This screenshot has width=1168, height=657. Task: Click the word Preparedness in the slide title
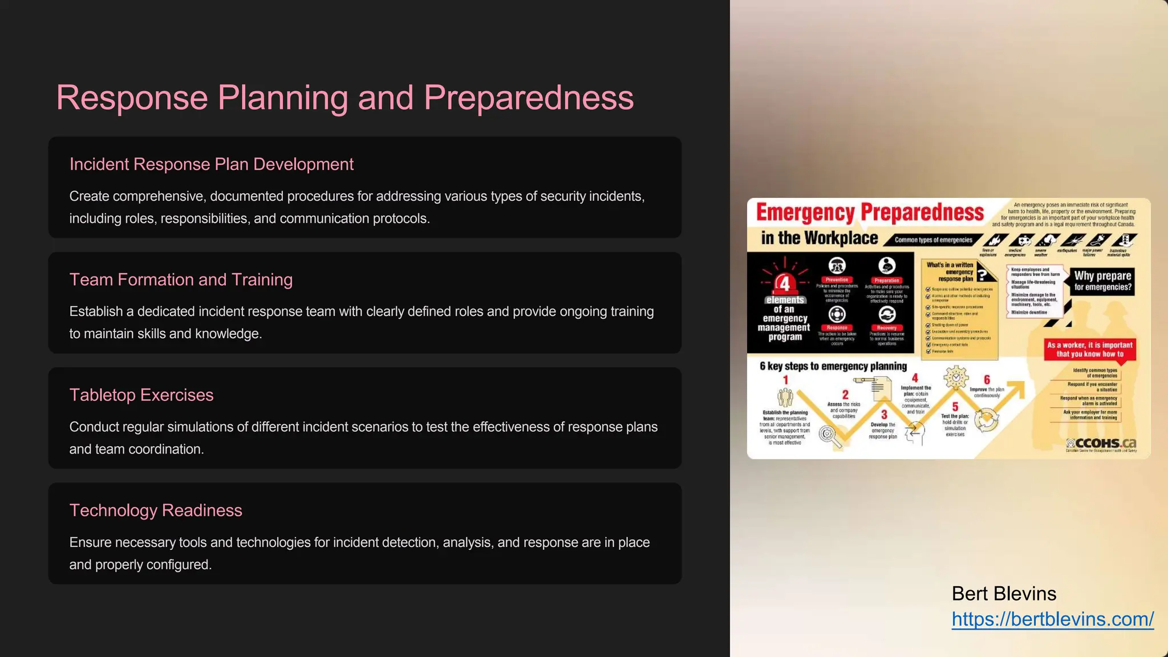coord(528,98)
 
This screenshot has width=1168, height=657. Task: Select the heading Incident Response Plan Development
coord(211,164)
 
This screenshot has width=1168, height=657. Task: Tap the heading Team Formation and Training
coord(181,279)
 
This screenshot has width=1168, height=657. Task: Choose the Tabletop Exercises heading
coord(141,395)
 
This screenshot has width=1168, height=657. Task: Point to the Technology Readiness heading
coord(156,510)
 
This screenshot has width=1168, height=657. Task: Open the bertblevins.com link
coord(1052,619)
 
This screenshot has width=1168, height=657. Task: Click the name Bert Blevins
coord(1004,594)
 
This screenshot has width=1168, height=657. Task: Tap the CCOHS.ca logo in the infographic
coord(1101,443)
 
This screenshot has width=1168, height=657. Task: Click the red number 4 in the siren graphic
coord(785,283)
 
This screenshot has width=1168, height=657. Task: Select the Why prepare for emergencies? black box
coord(1102,281)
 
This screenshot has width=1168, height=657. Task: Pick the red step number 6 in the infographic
coord(987,380)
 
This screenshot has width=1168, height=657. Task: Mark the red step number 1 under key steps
coord(785,380)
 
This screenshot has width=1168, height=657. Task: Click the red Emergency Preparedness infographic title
coord(870,212)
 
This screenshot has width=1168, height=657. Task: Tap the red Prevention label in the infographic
coord(837,279)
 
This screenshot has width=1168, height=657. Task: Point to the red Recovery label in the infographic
coord(886,328)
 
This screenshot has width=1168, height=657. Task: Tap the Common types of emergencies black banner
coord(933,240)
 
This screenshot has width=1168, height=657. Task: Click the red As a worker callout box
coord(1089,349)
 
